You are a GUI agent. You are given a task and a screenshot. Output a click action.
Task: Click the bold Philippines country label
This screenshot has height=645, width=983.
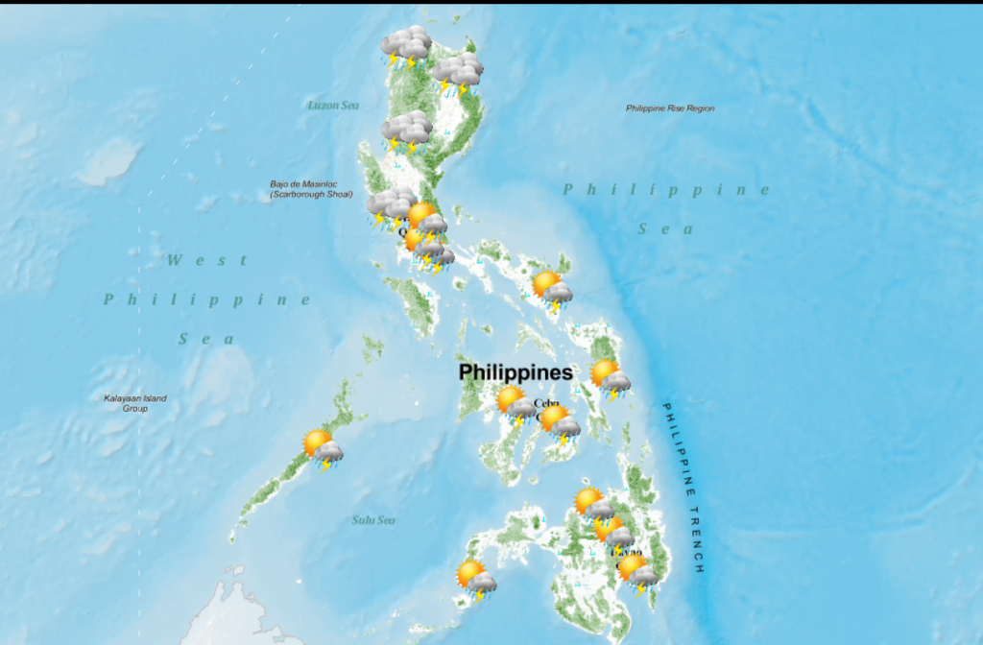pos(515,371)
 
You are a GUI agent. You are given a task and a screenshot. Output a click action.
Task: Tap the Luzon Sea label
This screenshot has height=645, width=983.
pos(333,105)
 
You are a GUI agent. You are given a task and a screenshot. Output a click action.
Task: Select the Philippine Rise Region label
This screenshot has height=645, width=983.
pos(670,108)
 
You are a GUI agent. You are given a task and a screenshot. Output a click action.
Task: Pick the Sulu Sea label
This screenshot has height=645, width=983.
pos(372,520)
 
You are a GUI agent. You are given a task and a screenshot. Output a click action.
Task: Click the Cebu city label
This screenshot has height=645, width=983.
pos(545,403)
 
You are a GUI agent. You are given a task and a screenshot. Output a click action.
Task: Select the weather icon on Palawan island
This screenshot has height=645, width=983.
pos(323,448)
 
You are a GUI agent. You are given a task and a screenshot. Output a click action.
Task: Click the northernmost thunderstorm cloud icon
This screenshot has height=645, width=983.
pos(405,47)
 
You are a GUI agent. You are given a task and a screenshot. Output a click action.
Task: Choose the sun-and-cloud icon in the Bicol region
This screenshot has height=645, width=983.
pos(552,290)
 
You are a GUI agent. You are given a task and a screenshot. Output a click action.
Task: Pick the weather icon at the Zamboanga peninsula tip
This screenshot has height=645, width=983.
pos(476,580)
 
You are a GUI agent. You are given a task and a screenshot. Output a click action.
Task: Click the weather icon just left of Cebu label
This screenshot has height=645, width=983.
pos(516,405)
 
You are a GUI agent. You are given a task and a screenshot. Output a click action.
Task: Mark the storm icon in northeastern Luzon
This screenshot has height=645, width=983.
pos(456,74)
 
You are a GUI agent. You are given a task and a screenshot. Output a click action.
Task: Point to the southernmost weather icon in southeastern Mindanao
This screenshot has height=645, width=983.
pos(637,573)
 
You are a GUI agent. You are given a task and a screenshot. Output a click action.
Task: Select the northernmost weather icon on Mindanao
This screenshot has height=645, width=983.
pos(593,506)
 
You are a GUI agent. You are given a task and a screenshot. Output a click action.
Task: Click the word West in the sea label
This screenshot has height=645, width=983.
pos(207,260)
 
